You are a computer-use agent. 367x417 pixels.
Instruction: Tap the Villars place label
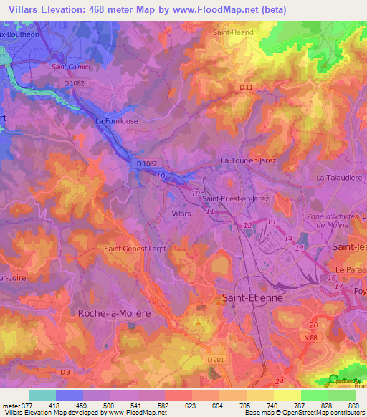(x=182, y=214)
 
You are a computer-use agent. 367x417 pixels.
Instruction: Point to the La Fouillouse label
(x=116, y=122)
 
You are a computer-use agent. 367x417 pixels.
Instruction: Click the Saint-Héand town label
(x=231, y=32)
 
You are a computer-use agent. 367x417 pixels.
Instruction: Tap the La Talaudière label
(x=339, y=177)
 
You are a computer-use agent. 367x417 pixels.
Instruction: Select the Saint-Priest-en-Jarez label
(x=234, y=198)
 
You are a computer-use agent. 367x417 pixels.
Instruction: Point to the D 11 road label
(x=246, y=87)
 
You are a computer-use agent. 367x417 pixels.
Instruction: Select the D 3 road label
(x=66, y=372)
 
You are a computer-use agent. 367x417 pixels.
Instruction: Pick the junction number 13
(x=270, y=222)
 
